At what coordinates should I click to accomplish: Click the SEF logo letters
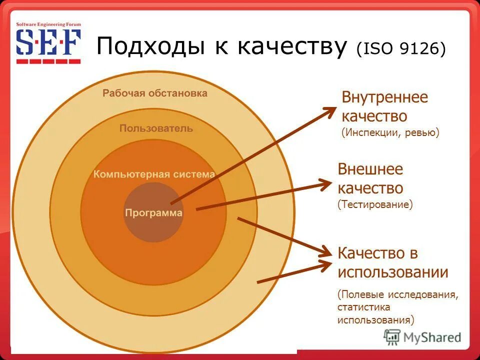pyautogui.click(x=48, y=43)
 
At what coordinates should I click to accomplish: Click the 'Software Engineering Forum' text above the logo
pyautogui.click(x=48, y=24)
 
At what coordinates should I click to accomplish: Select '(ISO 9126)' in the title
pyautogui.click(x=400, y=49)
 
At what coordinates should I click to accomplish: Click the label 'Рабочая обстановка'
pyautogui.click(x=155, y=93)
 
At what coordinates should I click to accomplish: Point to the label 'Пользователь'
pyautogui.click(x=156, y=128)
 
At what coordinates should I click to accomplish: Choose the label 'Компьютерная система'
pyautogui.click(x=154, y=174)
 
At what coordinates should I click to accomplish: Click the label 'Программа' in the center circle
pyautogui.click(x=153, y=213)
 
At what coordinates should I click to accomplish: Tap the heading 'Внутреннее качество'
pyautogui.click(x=384, y=106)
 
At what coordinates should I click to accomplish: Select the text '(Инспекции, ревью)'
pyautogui.click(x=390, y=133)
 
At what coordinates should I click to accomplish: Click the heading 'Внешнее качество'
pyautogui.click(x=370, y=178)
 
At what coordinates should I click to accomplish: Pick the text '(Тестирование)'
pyautogui.click(x=375, y=204)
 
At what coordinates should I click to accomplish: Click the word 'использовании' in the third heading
pyautogui.click(x=392, y=272)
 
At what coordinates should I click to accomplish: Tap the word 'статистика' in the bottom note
pyautogui.click(x=363, y=307)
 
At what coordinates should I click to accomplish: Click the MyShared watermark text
pyautogui.click(x=432, y=337)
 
